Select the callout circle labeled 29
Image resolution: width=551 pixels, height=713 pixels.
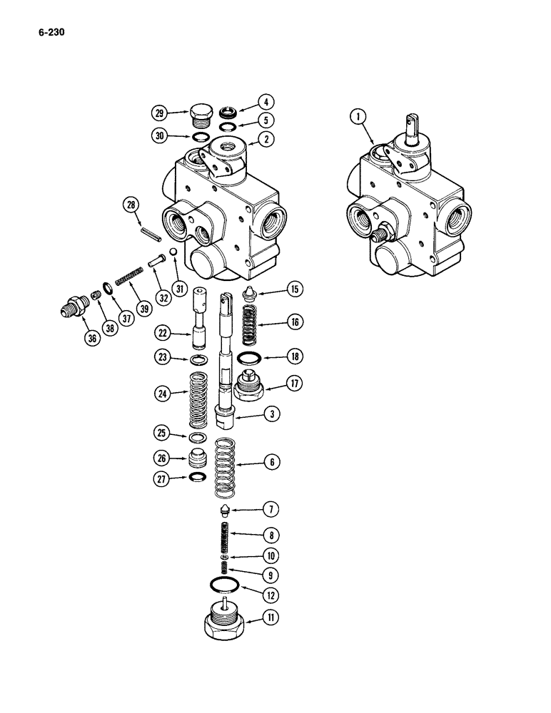[x=159, y=113]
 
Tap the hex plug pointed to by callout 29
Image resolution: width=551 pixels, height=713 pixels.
[x=200, y=114]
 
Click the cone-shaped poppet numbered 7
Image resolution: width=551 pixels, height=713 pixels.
[x=226, y=511]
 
